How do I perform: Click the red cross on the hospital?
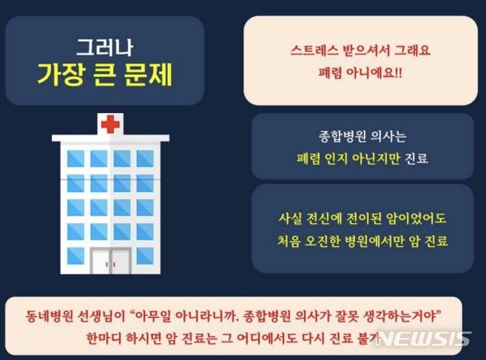pos(109,124)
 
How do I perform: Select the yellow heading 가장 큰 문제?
pos(104,75)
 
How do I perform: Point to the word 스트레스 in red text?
pos(313,52)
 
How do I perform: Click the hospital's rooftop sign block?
pos(109,124)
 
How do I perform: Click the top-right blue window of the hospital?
pos(145,158)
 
